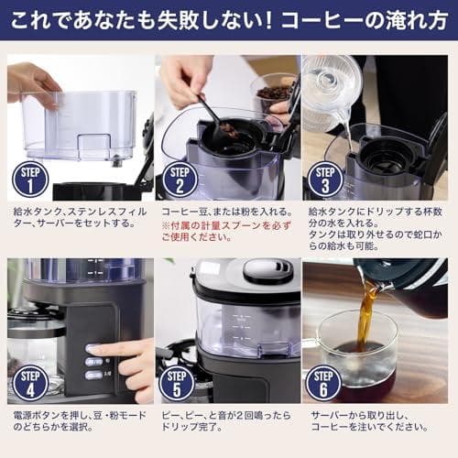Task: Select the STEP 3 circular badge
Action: coord(325,180)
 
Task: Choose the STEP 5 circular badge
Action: coord(177,382)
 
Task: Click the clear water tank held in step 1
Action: coord(78,124)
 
